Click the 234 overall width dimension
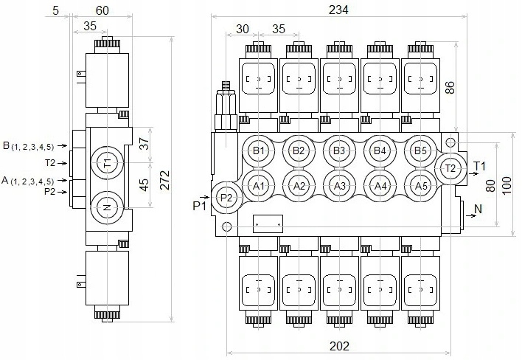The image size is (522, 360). coord(338,10)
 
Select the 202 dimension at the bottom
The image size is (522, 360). coord(340,346)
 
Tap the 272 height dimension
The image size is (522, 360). coord(164,180)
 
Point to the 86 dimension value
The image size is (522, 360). coord(450,87)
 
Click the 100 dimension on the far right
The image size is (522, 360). coord(507,186)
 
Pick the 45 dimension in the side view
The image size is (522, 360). coord(144,185)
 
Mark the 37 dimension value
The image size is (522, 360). coord(144,144)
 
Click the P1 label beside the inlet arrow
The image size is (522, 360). coord(199,206)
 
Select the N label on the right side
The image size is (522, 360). coord(478,209)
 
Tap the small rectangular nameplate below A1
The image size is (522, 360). coord(268,224)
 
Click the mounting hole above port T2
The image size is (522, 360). coord(450,142)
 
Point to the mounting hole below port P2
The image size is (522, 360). coord(226,226)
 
